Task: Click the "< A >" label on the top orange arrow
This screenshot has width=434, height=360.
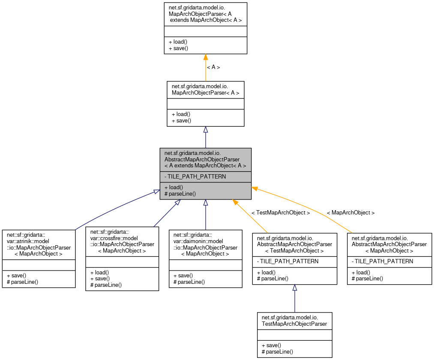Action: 213,67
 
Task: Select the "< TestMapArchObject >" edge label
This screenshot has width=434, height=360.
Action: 281,213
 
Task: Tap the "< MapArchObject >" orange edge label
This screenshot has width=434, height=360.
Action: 350,213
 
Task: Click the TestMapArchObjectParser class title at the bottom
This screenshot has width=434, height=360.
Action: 294,321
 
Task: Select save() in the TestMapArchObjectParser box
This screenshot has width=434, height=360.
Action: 273,345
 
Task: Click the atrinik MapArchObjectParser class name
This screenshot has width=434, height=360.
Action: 39,244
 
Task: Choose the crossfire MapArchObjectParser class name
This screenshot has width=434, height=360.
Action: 122,241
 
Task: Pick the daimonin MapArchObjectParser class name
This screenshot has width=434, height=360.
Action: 205,244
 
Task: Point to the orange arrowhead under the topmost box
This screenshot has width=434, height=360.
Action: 206,57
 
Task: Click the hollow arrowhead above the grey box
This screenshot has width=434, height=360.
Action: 206,130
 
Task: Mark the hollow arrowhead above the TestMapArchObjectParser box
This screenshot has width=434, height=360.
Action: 295,288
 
